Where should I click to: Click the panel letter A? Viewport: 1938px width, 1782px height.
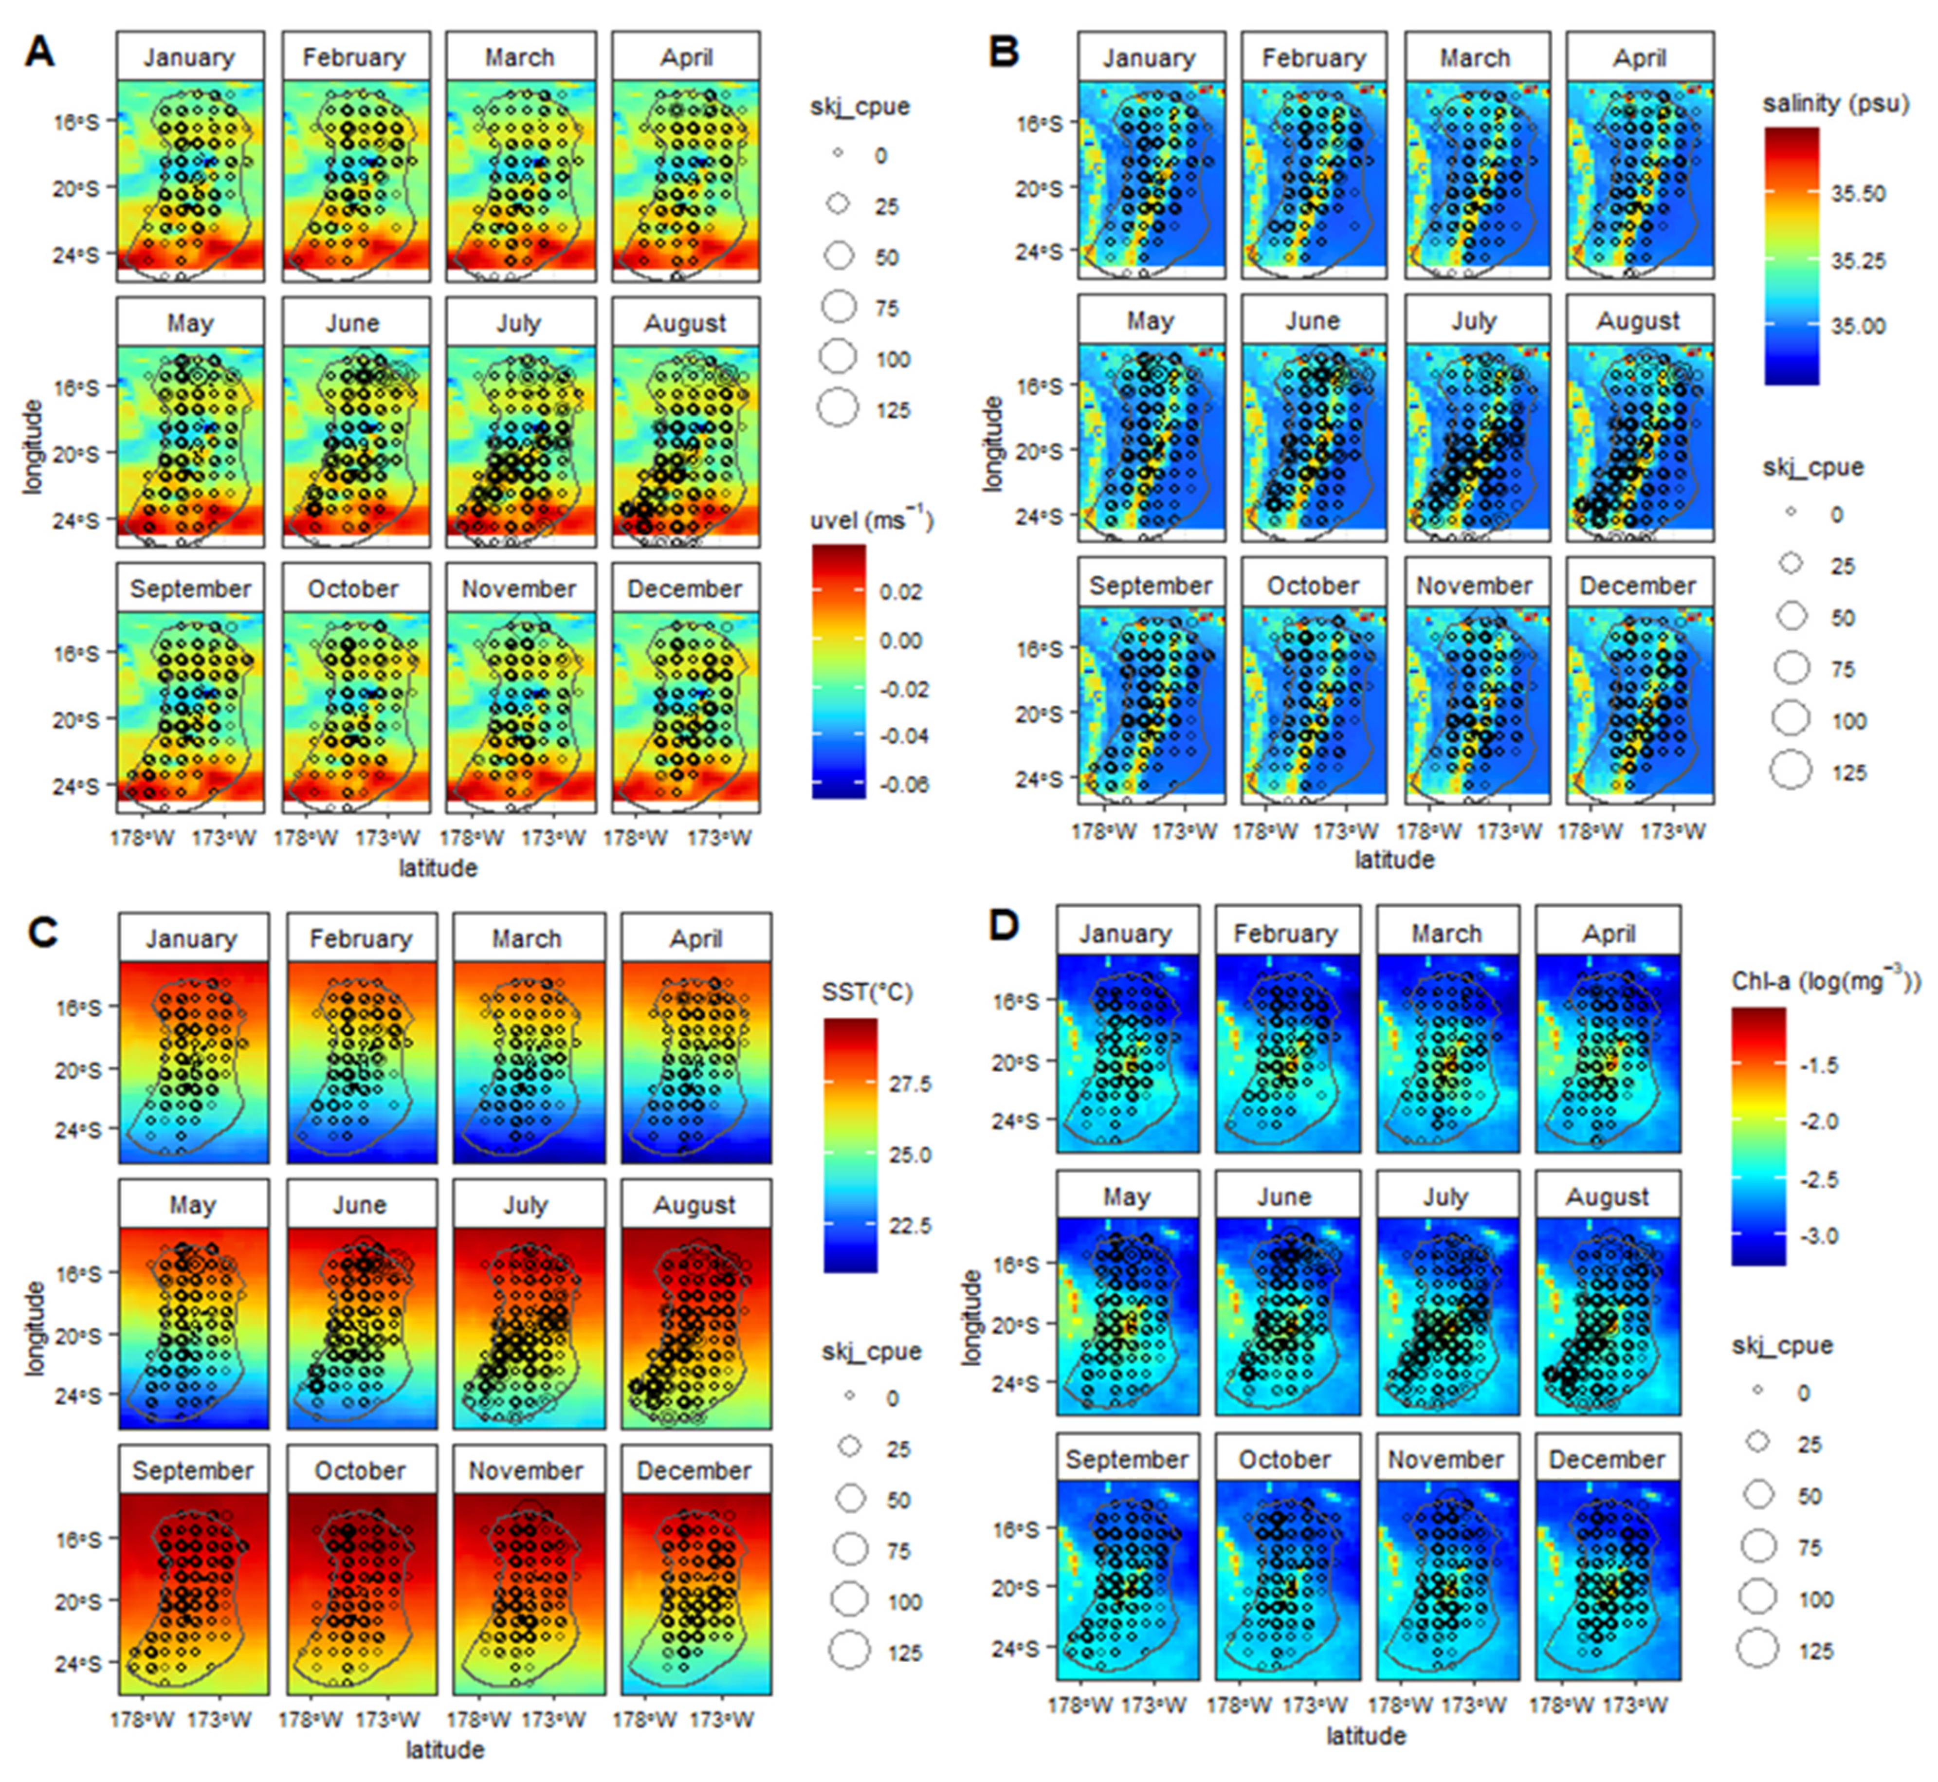pos(39,51)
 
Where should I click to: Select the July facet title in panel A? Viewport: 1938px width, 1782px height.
pos(519,323)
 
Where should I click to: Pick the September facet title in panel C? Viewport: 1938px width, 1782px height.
pos(193,1470)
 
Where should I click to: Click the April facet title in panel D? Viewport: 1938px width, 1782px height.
pos(1608,934)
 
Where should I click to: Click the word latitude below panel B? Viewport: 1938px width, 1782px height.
pos(1394,859)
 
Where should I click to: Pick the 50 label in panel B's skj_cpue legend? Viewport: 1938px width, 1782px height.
pos(1843,618)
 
